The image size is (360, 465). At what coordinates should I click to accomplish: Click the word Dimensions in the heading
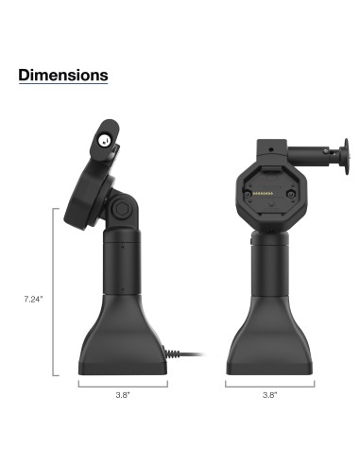tap(63, 75)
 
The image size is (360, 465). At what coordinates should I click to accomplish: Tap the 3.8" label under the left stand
tap(123, 397)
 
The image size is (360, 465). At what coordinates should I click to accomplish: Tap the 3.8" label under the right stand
tap(270, 397)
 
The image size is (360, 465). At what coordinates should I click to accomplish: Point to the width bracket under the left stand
tap(123, 385)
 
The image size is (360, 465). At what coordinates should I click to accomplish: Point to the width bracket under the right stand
tap(270, 385)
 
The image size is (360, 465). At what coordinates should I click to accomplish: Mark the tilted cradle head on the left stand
tap(90, 180)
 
